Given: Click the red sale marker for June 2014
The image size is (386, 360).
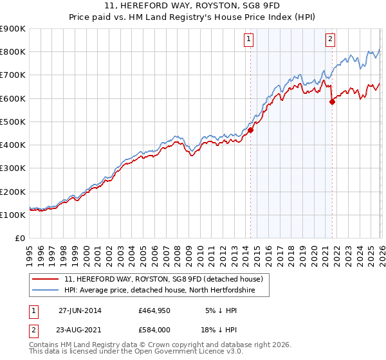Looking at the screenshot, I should (250, 130).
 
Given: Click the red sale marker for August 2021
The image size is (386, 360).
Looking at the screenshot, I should (332, 102).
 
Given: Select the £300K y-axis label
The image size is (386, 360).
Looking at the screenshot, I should (12, 168).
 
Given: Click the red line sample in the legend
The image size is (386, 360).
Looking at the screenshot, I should (46, 280).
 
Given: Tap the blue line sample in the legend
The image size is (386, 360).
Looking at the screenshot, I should (46, 291).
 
